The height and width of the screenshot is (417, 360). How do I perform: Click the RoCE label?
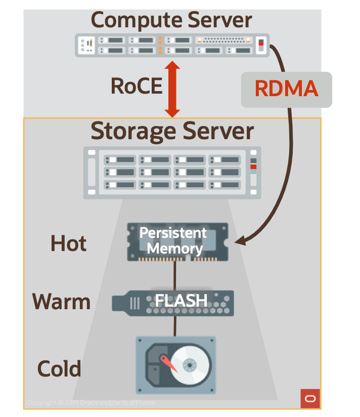[x=136, y=86]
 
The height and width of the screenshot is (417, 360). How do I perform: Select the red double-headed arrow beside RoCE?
[x=172, y=89]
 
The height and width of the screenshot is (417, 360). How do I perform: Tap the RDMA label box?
[x=286, y=89]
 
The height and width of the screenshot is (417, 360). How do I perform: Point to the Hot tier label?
[x=68, y=244]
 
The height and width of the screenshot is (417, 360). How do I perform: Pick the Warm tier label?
[x=61, y=302]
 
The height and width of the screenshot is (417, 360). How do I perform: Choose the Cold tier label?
[x=59, y=368]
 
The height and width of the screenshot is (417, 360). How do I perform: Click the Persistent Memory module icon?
[x=177, y=241]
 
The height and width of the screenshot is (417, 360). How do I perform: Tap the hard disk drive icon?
[x=175, y=363]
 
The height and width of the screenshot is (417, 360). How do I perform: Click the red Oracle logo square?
[x=310, y=398]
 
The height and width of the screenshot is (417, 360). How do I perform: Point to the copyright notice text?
[x=91, y=402]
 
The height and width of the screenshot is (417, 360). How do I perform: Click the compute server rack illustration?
[x=172, y=45]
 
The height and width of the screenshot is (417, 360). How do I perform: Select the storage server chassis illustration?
[x=172, y=172]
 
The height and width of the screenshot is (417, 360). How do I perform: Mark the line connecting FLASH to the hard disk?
[x=175, y=326]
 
